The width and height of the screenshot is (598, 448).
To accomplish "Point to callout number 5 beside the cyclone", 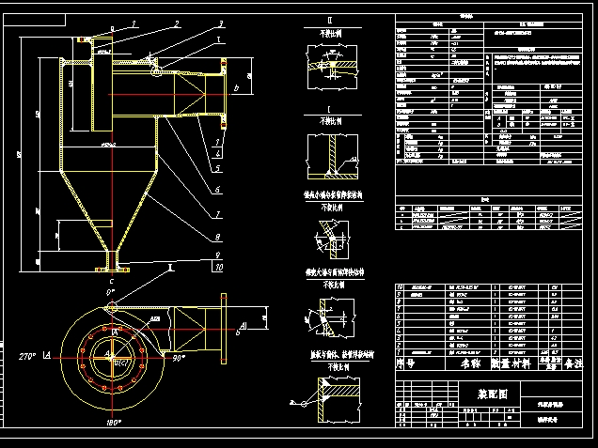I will click(x=217, y=168).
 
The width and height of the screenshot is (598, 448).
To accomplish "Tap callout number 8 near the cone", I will click(x=218, y=237).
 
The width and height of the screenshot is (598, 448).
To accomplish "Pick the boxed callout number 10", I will click(x=218, y=268).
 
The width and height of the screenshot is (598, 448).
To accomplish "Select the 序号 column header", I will click(x=405, y=361).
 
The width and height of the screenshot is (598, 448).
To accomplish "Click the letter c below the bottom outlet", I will click(x=112, y=279).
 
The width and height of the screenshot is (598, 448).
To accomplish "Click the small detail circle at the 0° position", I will click(x=112, y=304).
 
